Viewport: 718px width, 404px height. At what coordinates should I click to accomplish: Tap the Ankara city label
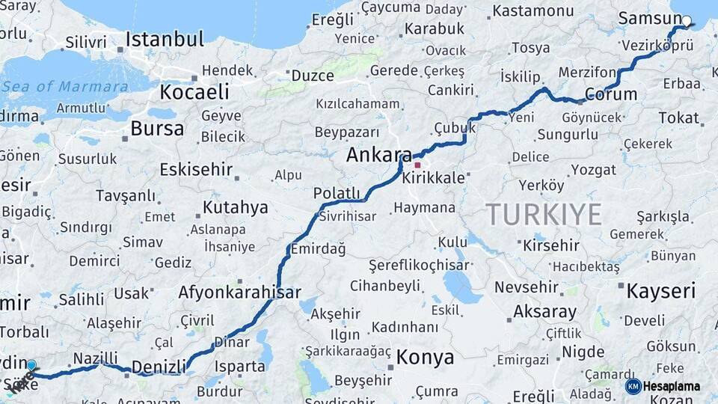click(378, 156)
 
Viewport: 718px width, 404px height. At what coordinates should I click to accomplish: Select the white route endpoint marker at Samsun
click(687, 21)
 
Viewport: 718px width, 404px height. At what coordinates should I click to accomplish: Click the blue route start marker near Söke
click(31, 365)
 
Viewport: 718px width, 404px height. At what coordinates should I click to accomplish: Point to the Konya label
click(425, 358)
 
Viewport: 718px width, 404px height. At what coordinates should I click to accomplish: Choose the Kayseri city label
click(660, 291)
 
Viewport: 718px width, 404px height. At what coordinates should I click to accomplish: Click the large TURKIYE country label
click(544, 215)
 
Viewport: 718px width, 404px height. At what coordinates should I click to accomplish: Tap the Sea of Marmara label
click(64, 86)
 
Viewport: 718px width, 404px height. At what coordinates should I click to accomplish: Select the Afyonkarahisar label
click(239, 293)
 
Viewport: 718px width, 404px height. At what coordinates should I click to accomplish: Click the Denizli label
click(159, 367)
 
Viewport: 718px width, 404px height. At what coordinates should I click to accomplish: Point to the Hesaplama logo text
click(672, 386)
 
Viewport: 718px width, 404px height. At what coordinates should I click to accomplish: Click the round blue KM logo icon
click(633, 386)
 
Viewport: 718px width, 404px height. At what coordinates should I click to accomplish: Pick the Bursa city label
click(157, 129)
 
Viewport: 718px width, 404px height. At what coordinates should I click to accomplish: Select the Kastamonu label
click(533, 10)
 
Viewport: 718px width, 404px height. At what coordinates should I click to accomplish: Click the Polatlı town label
click(337, 193)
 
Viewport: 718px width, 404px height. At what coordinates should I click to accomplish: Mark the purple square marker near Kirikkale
click(417, 165)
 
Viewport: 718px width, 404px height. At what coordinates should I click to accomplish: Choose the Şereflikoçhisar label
click(419, 265)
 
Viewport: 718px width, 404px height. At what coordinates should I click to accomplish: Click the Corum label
click(611, 94)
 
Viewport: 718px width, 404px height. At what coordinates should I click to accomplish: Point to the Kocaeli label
click(194, 92)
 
